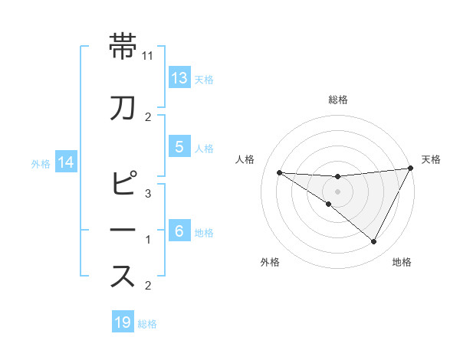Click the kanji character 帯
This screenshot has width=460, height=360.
tap(123, 47)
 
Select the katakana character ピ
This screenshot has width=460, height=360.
tap(123, 185)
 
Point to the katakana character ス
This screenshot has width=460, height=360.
tap(123, 277)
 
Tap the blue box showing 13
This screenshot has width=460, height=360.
tap(179, 77)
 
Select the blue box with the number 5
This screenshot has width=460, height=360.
tap(179, 147)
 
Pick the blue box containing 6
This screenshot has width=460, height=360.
tap(179, 231)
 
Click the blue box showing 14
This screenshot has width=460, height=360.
tap(66, 162)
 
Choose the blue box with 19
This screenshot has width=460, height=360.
tap(123, 322)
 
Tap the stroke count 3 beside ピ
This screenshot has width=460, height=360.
tap(149, 195)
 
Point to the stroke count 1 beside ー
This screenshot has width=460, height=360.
tap(149, 241)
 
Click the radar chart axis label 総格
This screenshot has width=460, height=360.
tap(338, 100)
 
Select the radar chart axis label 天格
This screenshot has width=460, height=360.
tap(431, 159)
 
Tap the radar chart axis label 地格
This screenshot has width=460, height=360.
tap(402, 262)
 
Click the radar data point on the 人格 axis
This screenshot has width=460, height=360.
tap(279, 172)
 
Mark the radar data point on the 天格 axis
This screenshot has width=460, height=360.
tap(412, 168)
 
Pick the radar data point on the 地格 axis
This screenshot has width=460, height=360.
tap(373, 242)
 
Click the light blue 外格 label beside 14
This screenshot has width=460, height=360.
tap(40, 163)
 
